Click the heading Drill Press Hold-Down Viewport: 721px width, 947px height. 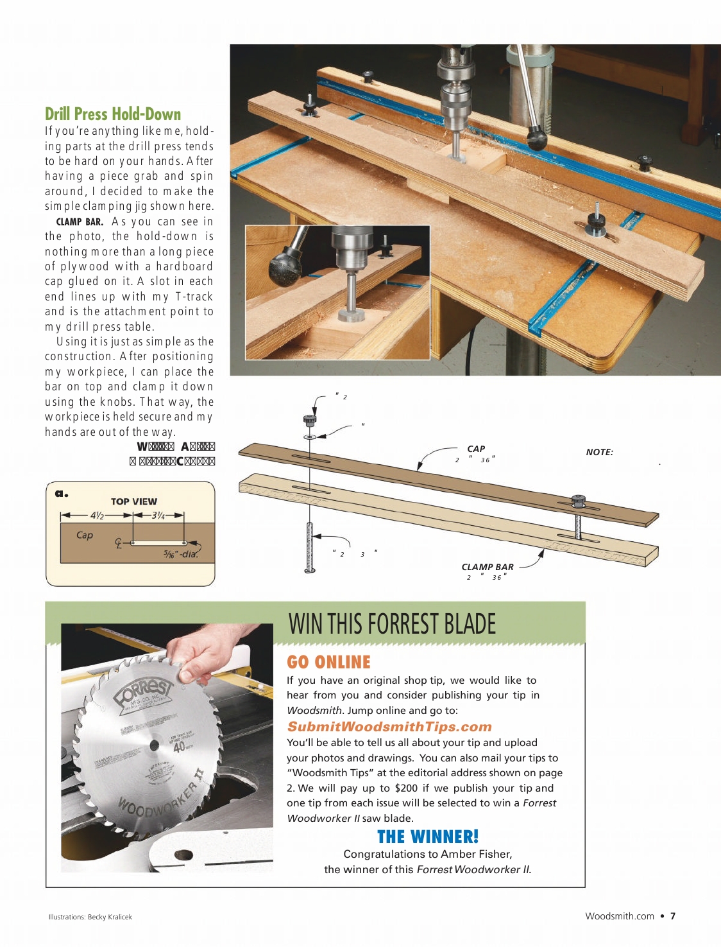pyautogui.click(x=113, y=114)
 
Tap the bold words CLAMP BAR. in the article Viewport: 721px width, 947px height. pyautogui.click(x=80, y=222)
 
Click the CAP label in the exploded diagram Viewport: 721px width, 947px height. pyautogui.click(x=476, y=449)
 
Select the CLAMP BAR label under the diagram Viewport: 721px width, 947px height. pyautogui.click(x=488, y=567)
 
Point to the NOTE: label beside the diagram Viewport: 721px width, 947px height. pyautogui.click(x=599, y=452)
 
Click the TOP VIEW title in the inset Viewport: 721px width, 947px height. pyautogui.click(x=133, y=501)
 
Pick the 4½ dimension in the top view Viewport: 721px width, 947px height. pyautogui.click(x=97, y=515)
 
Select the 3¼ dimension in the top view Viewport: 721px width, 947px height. pyautogui.click(x=158, y=515)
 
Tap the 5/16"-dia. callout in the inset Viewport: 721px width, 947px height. pyautogui.click(x=180, y=554)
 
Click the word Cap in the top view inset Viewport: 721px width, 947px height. pyautogui.click(x=85, y=535)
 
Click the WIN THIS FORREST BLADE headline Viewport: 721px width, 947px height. pyautogui.click(x=392, y=624)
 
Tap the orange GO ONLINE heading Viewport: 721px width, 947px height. pyautogui.click(x=328, y=662)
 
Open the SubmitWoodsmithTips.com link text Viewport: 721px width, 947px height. pyautogui.click(x=389, y=727)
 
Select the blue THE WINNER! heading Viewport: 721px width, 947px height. pyautogui.click(x=428, y=837)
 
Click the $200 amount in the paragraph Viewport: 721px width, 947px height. pyautogui.click(x=406, y=788)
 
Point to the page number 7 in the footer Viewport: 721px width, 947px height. pyautogui.click(x=673, y=916)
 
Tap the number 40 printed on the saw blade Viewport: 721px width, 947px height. pyautogui.click(x=179, y=747)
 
